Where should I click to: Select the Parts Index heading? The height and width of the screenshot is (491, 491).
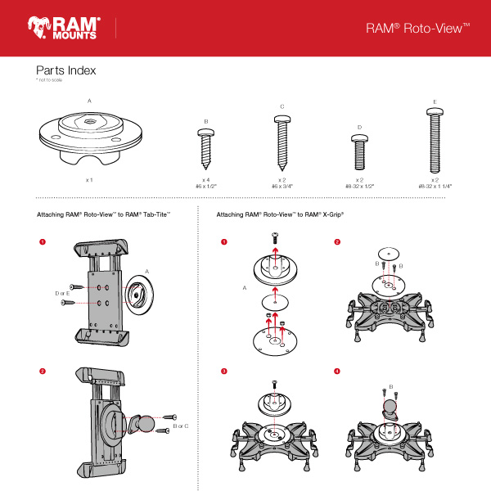(66, 70)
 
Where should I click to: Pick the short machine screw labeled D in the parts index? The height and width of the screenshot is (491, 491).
(360, 151)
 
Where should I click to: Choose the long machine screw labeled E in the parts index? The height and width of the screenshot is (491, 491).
(435, 139)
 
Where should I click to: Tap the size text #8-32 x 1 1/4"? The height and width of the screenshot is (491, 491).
(435, 186)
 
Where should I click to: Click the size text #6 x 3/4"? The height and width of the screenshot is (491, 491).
(282, 186)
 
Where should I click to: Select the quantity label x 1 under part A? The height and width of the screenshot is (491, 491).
(89, 178)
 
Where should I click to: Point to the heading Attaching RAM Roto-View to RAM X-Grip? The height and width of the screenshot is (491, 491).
(280, 214)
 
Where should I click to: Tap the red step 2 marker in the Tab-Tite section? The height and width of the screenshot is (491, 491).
(42, 372)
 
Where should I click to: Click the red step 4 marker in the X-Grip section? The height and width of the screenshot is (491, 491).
(336, 372)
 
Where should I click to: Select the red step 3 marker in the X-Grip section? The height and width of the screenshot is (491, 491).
(223, 372)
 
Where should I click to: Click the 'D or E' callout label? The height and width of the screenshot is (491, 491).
(61, 292)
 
